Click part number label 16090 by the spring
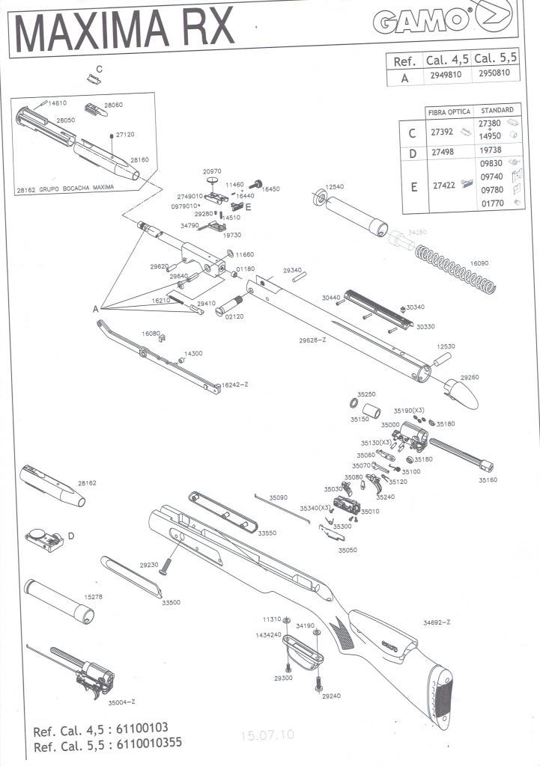tap(479, 263)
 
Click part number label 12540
tap(335, 186)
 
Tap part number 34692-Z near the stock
tap(437, 622)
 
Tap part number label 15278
tap(93, 597)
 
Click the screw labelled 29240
tap(320, 682)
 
